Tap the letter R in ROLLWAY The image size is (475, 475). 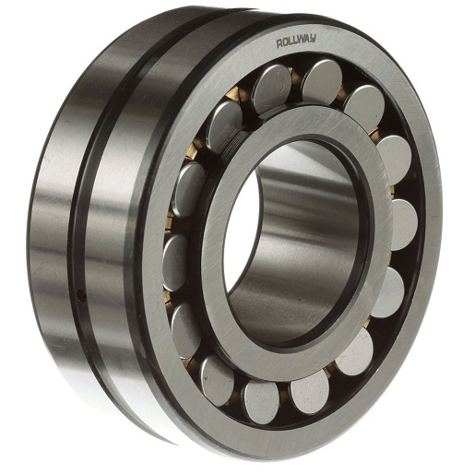pyautogui.click(x=279, y=44)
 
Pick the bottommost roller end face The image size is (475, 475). pyautogui.click(x=262, y=401)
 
